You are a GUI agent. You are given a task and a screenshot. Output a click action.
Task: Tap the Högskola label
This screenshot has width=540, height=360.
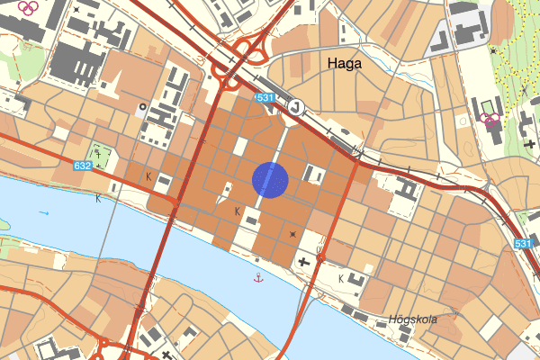pyautogui.click(x=413, y=319)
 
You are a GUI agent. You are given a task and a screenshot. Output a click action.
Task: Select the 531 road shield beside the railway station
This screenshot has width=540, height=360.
pyautogui.click(x=264, y=97)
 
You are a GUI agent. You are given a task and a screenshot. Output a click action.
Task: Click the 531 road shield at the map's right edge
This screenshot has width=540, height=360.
pyautogui.click(x=525, y=244)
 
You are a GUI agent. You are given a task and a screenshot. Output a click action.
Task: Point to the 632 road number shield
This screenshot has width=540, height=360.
pyautogui.click(x=83, y=166)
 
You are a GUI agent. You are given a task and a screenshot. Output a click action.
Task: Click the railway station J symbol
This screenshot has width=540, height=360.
pyautogui.click(x=294, y=106)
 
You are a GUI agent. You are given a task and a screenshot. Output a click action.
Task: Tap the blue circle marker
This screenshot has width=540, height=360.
pyautogui.click(x=270, y=179)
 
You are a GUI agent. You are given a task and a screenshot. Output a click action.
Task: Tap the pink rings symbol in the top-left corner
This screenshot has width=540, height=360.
pyautogui.click(x=28, y=7)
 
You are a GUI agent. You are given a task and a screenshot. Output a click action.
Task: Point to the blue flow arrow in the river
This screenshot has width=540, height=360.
pyautogui.click(x=44, y=213)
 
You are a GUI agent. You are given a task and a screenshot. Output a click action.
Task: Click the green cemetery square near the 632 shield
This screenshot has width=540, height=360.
pyautogui.click(x=102, y=157)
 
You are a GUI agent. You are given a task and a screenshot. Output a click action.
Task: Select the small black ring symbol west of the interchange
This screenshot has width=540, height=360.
pyautogui.click(x=141, y=106)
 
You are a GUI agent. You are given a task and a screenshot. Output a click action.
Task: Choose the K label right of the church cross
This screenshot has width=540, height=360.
pyautogui.click(x=340, y=278)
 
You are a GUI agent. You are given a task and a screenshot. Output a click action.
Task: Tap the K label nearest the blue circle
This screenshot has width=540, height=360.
pyautogui.click(x=238, y=211)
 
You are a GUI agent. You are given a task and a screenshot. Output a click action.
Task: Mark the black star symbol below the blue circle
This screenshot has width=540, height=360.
pyautogui.click(x=292, y=234)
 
